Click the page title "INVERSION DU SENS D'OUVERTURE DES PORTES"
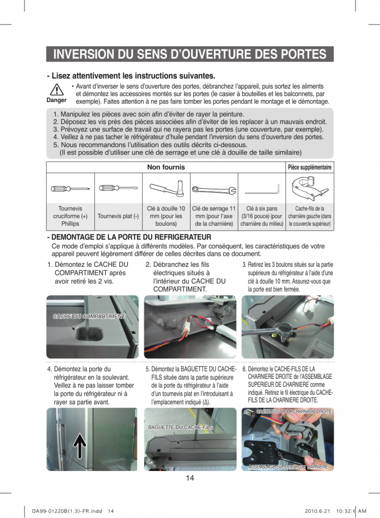point(189,54)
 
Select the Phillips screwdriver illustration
point(70,189)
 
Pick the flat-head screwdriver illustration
point(118,188)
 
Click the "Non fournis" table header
point(165,167)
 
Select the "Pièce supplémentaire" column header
point(309,167)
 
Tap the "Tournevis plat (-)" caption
point(118,216)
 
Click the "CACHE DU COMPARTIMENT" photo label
point(89,316)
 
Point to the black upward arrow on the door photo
point(80,445)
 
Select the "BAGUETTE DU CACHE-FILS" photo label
point(180,427)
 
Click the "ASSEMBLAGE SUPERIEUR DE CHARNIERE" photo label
point(288,466)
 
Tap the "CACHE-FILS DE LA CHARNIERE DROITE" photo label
point(293,411)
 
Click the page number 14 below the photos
point(190,478)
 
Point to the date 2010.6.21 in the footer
point(316,511)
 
